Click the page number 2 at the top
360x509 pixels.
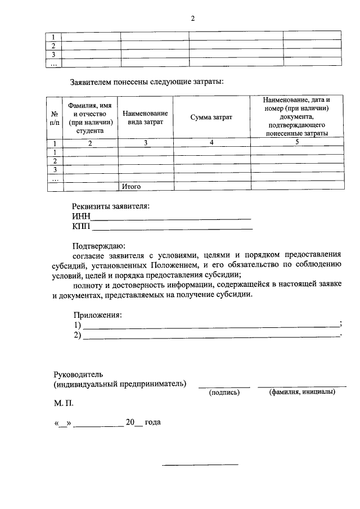[x=192, y=19]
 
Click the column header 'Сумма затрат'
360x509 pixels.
[x=211, y=117]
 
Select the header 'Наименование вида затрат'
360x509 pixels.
[x=145, y=118]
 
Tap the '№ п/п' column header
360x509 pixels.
[x=55, y=117]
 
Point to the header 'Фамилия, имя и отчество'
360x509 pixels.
[x=91, y=118]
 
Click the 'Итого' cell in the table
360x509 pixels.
[x=131, y=186]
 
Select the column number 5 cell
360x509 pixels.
[x=296, y=143]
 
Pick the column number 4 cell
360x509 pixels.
[x=211, y=143]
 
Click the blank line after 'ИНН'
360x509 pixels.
[x=171, y=217]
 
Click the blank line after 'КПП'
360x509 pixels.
[x=172, y=228]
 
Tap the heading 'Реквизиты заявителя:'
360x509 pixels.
[x=111, y=206]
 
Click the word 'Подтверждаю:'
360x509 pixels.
[x=100, y=245]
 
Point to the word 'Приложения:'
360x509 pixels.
[x=98, y=315]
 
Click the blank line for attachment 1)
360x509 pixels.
[x=211, y=326]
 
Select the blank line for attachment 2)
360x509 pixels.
[x=211, y=336]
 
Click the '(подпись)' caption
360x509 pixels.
[x=224, y=393]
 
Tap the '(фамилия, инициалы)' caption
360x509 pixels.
[x=302, y=392]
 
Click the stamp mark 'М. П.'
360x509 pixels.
[x=64, y=403]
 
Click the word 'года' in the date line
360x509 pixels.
[x=152, y=422]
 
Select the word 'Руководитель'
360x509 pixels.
[x=78, y=373]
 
